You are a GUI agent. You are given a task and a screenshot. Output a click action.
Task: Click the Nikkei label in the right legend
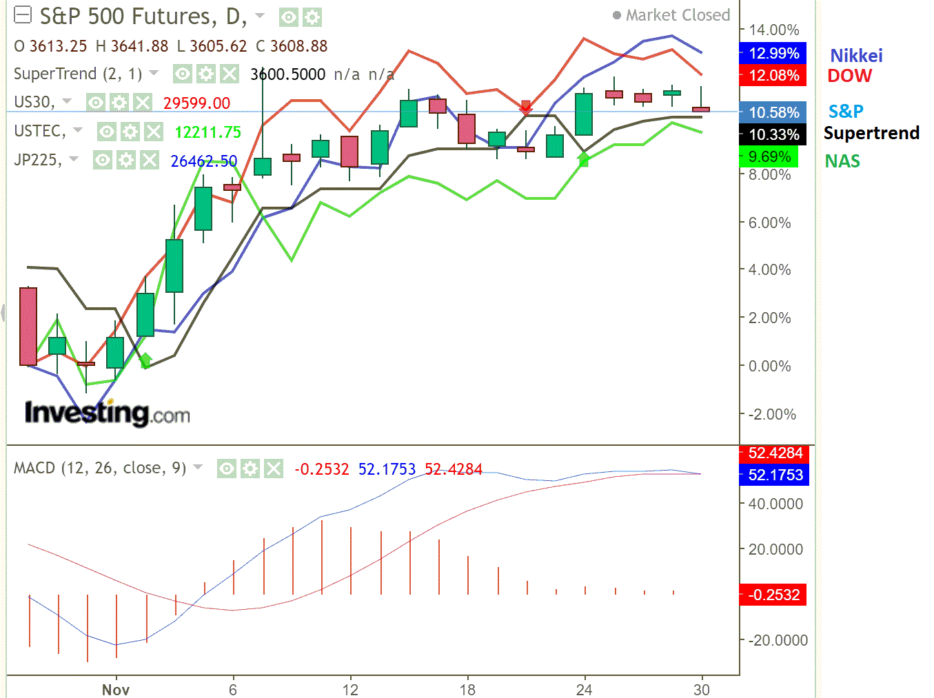tap(855, 56)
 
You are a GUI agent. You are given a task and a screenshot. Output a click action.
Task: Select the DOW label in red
tap(849, 76)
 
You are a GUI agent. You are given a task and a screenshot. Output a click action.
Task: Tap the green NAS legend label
tap(842, 161)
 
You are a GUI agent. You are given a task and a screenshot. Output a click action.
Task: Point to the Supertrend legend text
tap(871, 133)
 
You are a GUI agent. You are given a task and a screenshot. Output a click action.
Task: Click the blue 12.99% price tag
tap(773, 53)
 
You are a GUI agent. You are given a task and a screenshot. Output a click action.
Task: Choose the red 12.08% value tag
tap(773, 75)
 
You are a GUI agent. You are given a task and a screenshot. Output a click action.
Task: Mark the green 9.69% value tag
tap(769, 157)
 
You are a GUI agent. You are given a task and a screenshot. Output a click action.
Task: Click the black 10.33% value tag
tap(773, 134)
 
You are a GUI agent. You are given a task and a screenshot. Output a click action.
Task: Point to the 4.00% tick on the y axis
tap(769, 269)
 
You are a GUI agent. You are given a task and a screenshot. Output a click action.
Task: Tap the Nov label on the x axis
tap(115, 689)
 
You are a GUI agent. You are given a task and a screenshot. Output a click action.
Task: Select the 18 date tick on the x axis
tap(467, 689)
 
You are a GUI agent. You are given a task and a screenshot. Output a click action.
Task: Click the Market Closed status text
tap(677, 15)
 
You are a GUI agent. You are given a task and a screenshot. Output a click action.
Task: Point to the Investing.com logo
tap(107, 413)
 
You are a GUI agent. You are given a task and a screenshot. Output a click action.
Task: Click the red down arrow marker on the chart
tap(526, 106)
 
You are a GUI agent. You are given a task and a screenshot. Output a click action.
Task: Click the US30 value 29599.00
tap(196, 103)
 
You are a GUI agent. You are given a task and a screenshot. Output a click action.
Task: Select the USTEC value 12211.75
tap(207, 132)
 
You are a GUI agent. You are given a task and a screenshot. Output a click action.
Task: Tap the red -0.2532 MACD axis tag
tap(773, 595)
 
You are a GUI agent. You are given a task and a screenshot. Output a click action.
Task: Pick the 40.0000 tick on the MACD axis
tap(775, 504)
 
